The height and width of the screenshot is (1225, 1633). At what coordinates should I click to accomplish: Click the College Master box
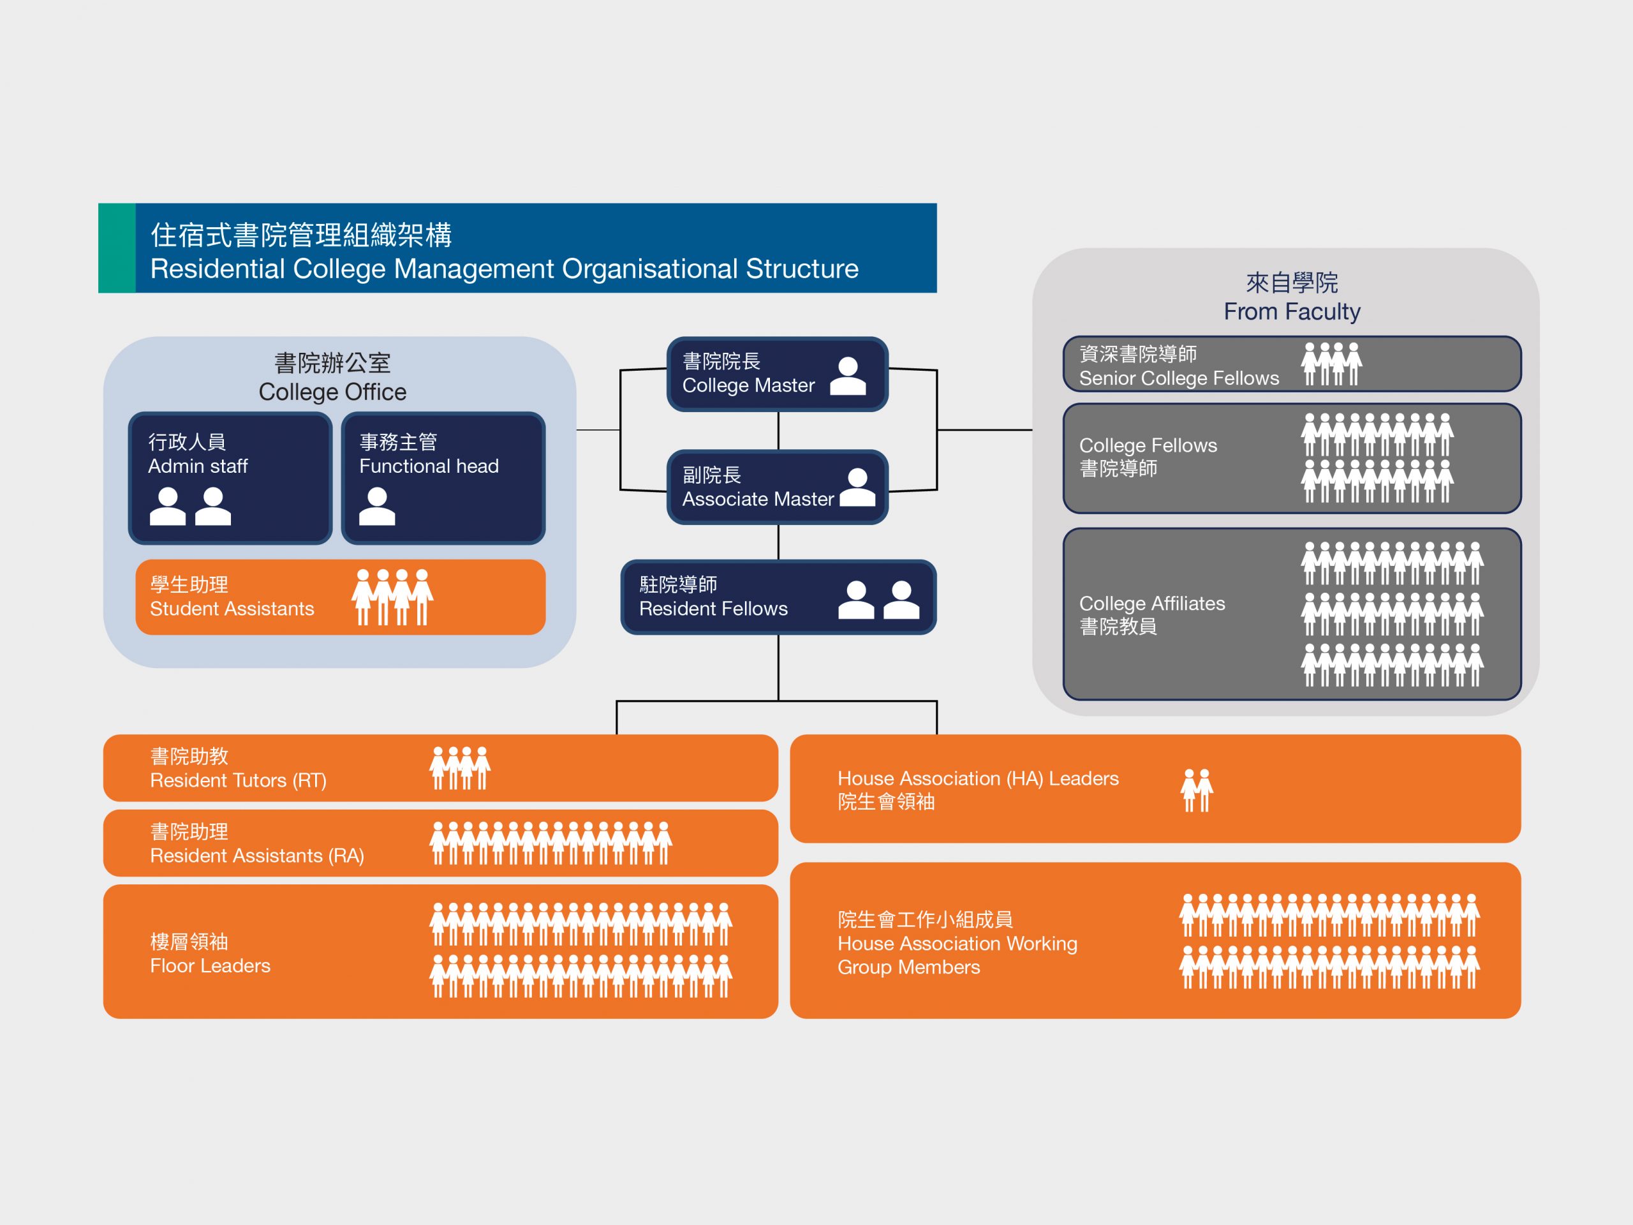(x=777, y=374)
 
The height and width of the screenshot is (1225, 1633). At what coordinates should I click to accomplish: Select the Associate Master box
(x=777, y=487)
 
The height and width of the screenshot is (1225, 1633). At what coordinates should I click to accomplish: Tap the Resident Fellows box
(x=778, y=597)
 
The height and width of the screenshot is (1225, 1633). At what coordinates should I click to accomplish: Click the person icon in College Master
(x=848, y=376)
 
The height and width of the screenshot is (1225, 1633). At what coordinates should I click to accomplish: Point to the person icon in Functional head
(x=377, y=507)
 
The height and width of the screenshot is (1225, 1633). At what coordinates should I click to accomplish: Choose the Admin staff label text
(x=198, y=466)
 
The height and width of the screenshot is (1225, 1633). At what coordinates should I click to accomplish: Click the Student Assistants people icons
(x=392, y=597)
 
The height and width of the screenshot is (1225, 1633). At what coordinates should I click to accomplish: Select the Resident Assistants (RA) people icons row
(x=550, y=843)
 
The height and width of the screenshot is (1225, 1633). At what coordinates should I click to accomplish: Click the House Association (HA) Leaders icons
(x=1197, y=790)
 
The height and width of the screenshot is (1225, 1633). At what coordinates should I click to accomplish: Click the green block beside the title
(x=117, y=248)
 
